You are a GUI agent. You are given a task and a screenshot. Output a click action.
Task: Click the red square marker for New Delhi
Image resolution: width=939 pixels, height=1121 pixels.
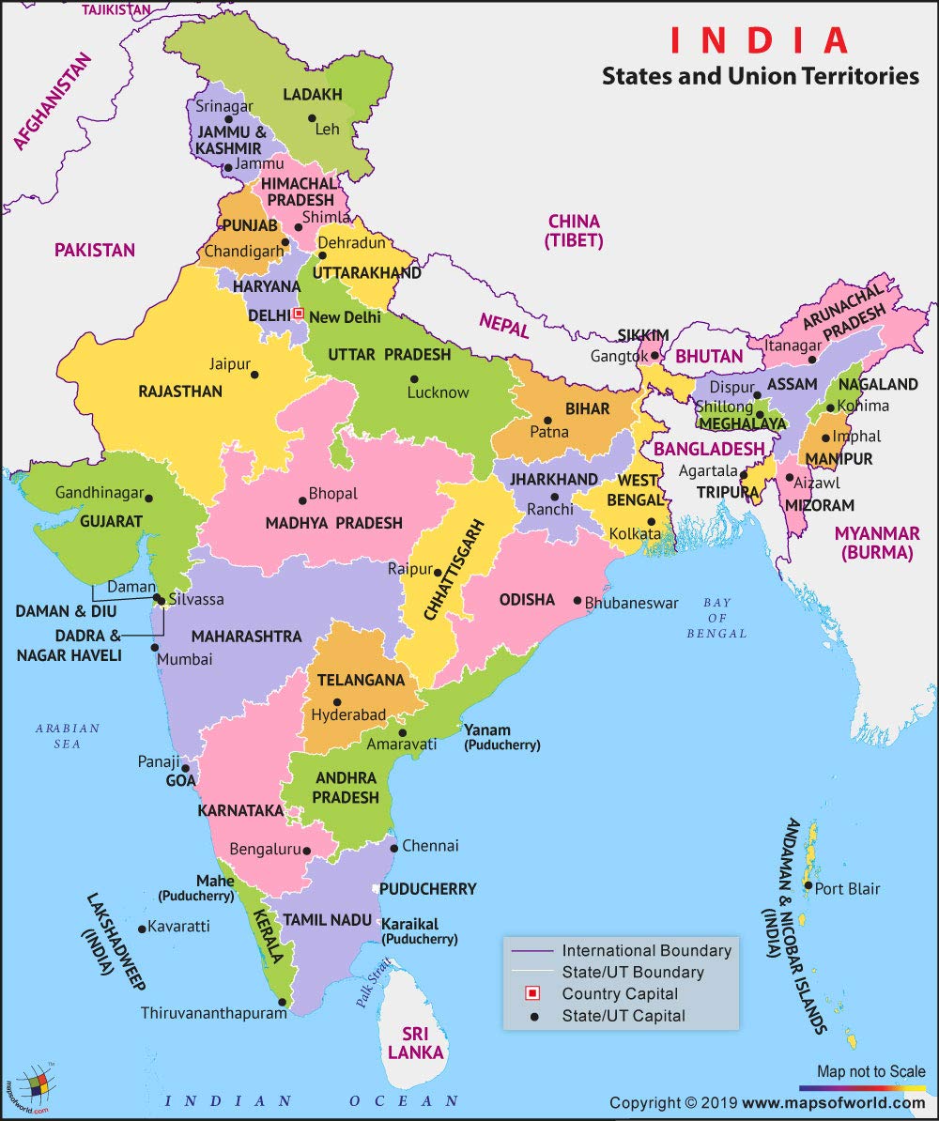(299, 314)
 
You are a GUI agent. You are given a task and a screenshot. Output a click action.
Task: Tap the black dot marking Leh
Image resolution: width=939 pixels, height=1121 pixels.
(312, 118)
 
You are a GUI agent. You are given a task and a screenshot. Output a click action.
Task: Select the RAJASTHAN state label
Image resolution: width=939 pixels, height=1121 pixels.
(180, 391)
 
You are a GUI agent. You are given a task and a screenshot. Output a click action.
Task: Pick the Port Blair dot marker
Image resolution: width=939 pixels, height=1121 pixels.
(808, 885)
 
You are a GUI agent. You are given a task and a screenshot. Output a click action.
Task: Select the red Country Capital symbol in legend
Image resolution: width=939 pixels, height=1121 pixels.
(531, 993)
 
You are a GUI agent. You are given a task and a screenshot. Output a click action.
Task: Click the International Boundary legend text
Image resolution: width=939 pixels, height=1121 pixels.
(646, 950)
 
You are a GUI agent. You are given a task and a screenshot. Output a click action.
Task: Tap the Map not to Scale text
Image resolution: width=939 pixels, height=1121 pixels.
(870, 1071)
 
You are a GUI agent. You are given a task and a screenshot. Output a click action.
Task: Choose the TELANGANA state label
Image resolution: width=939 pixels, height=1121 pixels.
(361, 680)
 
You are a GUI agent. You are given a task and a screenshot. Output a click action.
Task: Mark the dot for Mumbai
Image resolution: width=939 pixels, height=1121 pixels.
(153, 648)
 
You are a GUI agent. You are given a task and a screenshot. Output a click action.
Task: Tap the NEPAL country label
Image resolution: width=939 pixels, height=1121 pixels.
(503, 326)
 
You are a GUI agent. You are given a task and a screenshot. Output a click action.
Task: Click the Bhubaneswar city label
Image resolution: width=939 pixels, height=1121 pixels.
(631, 603)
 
